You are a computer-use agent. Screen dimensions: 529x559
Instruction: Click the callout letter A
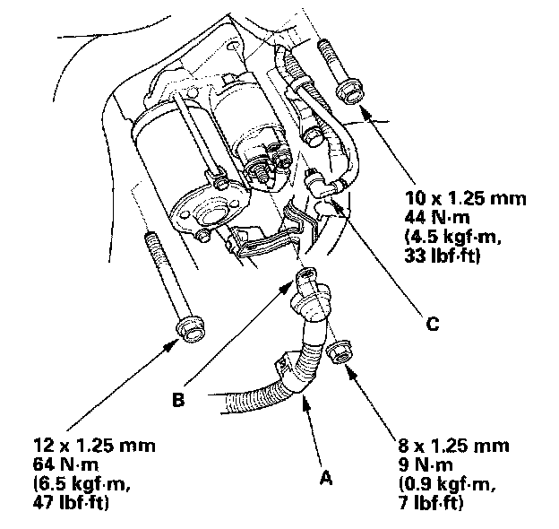pyautogui.click(x=326, y=479)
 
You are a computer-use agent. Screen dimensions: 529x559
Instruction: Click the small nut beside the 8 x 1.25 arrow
pyautogui.click(x=338, y=353)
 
